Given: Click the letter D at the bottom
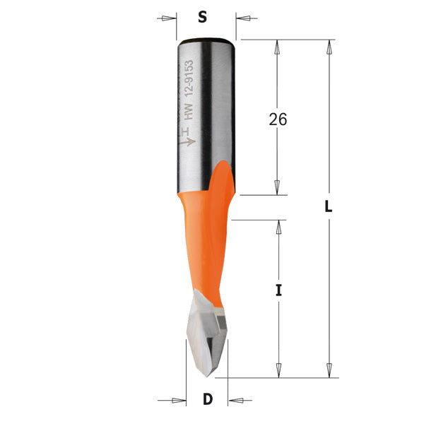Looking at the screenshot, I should click(208, 400).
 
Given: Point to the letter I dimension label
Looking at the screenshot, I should click(279, 290).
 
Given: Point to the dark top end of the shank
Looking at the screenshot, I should click(206, 39).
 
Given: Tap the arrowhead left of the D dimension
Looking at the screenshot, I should click(179, 401).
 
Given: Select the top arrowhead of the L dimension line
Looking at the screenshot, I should click(329, 47).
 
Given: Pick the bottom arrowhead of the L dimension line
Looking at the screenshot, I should click(329, 370).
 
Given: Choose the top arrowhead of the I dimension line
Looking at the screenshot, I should click(279, 227).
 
